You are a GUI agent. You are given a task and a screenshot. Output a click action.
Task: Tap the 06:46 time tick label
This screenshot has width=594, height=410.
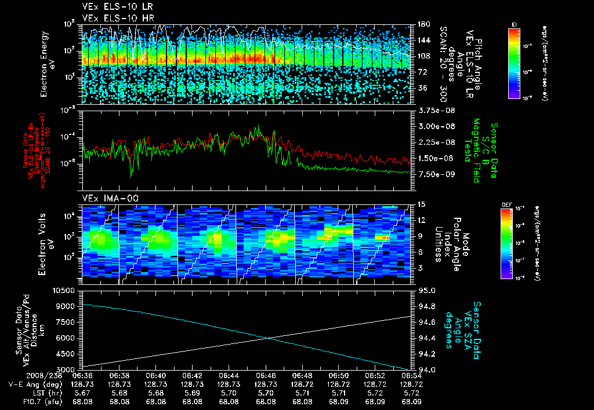(266, 376)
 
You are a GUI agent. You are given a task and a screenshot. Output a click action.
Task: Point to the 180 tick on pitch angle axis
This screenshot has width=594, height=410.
(423, 24)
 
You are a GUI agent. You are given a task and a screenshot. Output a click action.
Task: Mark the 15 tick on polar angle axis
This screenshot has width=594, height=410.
(422, 204)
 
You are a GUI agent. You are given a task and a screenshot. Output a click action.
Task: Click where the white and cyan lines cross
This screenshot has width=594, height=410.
(268, 338)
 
